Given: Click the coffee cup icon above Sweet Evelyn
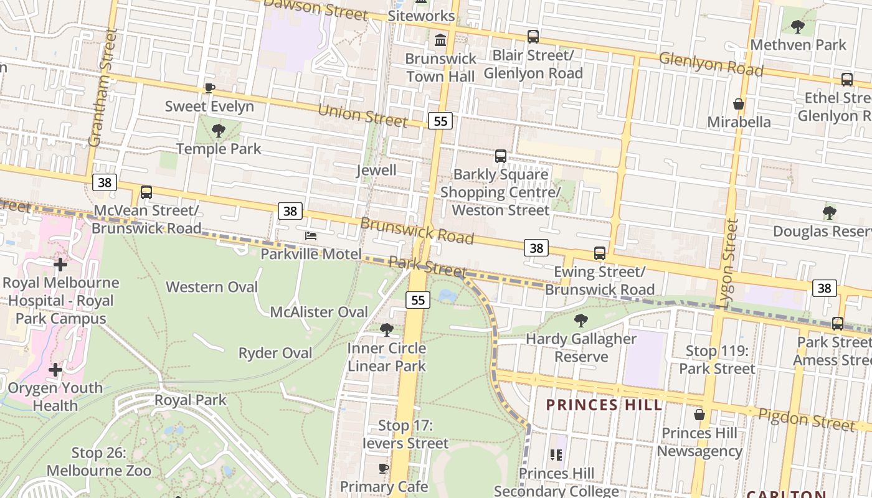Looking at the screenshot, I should pos(209,88).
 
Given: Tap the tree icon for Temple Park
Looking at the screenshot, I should pos(218,131).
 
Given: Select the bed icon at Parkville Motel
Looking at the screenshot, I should pos(311,235).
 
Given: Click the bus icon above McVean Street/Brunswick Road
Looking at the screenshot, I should pos(146,192).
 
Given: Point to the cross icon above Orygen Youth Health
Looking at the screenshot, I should pos(55,370).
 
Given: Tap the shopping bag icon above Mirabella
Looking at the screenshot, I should pos(739,104).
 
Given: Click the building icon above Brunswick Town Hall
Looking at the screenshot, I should pos(440,40).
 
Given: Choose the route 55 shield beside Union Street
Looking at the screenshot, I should pos(440,121).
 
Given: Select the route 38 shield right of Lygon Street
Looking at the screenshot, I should pos(824,288).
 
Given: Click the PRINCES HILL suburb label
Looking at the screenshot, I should pos(604,405).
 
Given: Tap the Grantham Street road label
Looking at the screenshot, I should pos(103,87).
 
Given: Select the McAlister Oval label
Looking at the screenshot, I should pos(319,312).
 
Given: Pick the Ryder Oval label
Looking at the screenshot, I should pos(275,353).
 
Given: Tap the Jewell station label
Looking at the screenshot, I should pos(376,170).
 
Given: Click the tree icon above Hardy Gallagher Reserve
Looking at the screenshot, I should pos(581,321).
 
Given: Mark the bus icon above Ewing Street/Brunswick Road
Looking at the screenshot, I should pos(600,253).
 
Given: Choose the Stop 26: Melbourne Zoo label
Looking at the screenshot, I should pos(100,462).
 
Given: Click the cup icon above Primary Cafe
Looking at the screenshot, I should pos(384,468).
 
